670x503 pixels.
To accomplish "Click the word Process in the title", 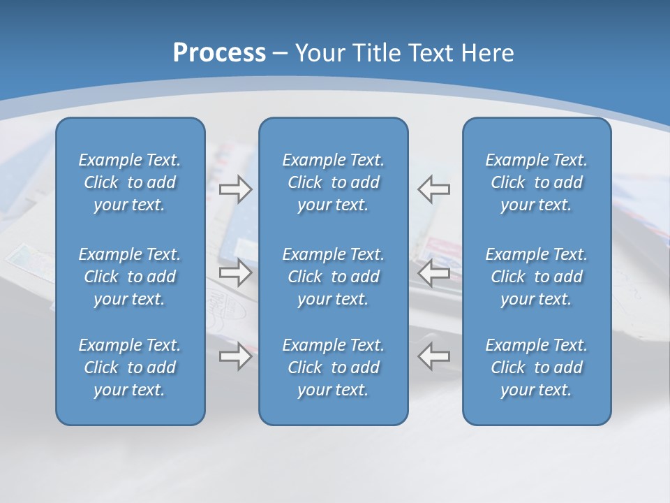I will point(219,53).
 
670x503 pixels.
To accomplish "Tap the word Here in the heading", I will point(486,53).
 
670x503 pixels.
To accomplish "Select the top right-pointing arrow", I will point(236,189).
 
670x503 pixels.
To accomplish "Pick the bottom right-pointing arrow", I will point(236,356).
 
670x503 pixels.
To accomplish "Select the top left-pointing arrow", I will point(433,189).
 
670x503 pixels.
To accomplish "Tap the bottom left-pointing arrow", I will point(433,356).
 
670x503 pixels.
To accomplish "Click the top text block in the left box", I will point(130,182).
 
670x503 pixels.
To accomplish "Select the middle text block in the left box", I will point(130,277).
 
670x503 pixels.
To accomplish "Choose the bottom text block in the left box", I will point(130,367).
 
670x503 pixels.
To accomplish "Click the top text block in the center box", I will point(334,182).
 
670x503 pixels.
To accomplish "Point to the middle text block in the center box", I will point(334,277).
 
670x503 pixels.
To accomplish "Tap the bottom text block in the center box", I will point(334,367).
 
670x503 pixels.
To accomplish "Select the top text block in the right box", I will point(537,182).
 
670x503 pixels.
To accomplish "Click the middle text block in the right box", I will point(537,277).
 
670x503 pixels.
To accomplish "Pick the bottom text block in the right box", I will point(537,367).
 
